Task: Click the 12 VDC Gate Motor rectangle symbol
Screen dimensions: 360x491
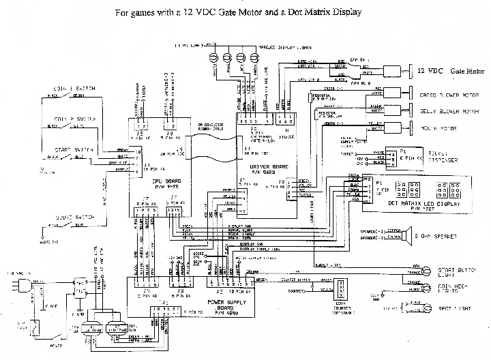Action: point(394,71)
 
